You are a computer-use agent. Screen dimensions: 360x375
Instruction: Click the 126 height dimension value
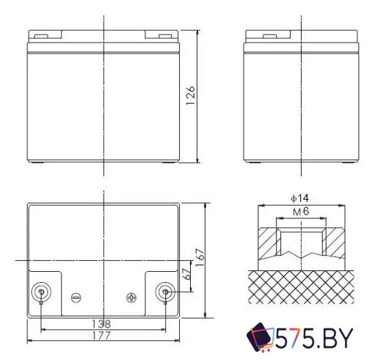click(x=191, y=96)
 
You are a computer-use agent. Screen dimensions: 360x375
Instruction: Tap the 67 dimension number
click(x=187, y=276)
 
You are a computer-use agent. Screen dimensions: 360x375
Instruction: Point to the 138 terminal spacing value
click(x=103, y=324)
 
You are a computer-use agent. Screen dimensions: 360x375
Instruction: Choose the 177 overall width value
click(x=103, y=336)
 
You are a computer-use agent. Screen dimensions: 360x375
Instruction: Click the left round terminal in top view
click(x=41, y=292)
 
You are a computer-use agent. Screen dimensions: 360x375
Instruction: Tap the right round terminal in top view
click(x=166, y=292)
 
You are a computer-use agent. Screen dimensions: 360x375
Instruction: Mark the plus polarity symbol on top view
click(x=132, y=298)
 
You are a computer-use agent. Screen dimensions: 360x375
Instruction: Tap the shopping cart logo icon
click(x=261, y=339)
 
